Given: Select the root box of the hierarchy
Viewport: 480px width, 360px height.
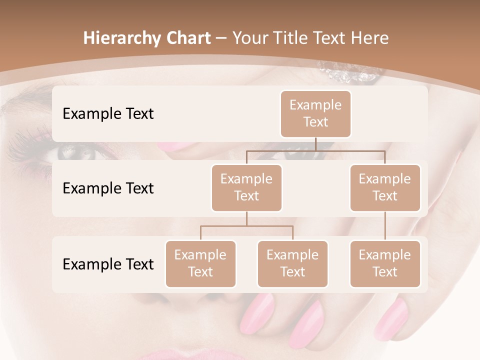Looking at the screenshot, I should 315,113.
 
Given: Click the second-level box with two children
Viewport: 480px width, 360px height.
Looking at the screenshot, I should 246,187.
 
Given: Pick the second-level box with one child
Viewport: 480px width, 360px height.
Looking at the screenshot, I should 385,187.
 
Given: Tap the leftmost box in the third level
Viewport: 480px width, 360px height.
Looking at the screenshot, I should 200,263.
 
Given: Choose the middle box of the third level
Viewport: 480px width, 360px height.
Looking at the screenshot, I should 292,263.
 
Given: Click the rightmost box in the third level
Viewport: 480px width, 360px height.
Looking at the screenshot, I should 385,263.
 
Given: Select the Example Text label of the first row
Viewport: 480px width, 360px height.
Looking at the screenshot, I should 108,113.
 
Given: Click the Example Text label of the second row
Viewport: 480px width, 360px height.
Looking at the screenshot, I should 108,188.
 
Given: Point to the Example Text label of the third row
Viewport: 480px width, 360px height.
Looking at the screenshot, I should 108,264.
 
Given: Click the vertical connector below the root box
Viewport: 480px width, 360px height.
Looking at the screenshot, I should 315,144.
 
